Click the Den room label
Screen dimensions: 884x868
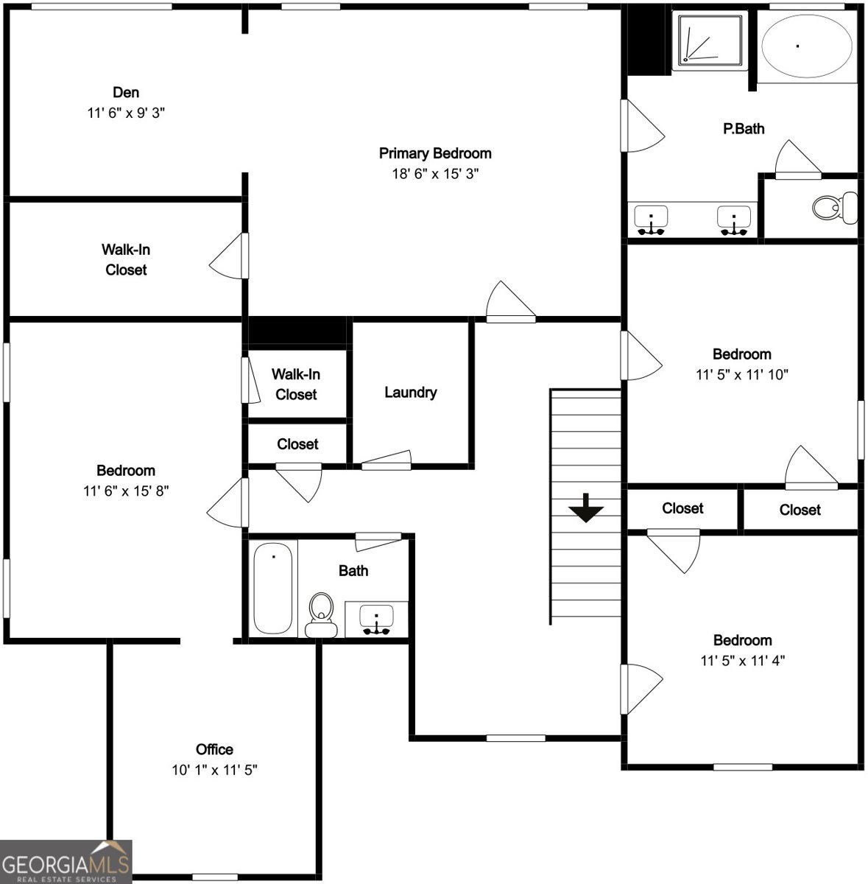pyautogui.click(x=126, y=93)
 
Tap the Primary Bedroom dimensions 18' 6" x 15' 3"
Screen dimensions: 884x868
pyautogui.click(x=435, y=174)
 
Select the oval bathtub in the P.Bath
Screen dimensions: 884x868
pyautogui.click(x=808, y=46)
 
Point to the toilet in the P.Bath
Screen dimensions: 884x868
pyautogui.click(x=834, y=207)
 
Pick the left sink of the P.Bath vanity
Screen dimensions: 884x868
pyautogui.click(x=652, y=220)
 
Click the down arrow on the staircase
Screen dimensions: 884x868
pyautogui.click(x=586, y=508)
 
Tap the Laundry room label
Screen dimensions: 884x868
pyautogui.click(x=410, y=393)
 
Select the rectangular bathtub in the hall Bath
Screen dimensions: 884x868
pyautogui.click(x=272, y=589)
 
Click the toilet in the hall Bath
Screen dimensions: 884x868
pyautogui.click(x=321, y=616)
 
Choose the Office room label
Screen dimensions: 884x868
pyautogui.click(x=214, y=750)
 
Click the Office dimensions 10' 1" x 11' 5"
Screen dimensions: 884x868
pyautogui.click(x=214, y=770)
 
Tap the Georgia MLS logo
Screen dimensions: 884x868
pyautogui.click(x=66, y=862)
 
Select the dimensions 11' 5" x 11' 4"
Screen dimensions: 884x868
pyautogui.click(x=742, y=661)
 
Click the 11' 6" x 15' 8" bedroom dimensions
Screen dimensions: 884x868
pyautogui.click(x=126, y=491)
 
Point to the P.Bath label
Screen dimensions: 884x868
pyautogui.click(x=744, y=129)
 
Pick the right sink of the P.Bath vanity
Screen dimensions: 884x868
pyautogui.click(x=734, y=220)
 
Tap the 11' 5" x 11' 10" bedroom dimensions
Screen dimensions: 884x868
pyautogui.click(x=742, y=374)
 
